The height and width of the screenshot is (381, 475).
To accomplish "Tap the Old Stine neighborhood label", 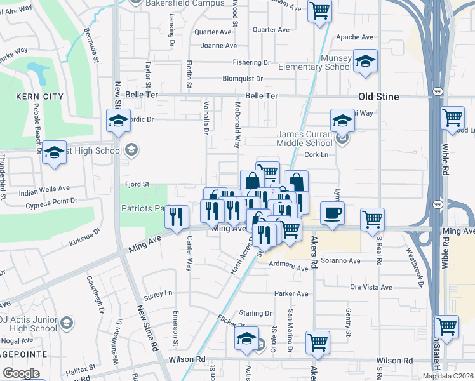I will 378,97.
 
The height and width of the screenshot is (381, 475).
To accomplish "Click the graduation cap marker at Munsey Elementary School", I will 365,61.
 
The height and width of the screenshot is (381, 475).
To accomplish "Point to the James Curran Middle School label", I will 314,138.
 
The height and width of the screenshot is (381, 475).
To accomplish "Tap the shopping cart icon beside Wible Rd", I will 453,117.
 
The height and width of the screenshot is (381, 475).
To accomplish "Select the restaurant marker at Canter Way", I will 177,217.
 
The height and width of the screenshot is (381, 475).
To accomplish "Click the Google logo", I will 21,373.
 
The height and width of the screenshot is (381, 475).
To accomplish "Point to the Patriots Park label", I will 142,208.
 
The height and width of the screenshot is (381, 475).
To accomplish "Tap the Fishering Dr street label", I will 251,62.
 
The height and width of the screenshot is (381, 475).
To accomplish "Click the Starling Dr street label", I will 256,313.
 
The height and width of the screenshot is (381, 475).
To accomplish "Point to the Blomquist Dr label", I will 243,79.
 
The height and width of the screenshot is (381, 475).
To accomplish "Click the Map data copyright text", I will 448,376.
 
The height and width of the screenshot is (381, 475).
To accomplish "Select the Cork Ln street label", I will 316,154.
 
